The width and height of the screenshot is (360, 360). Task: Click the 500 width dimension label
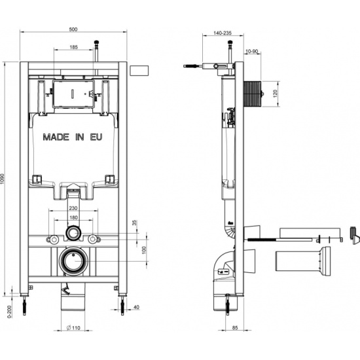pyautogui.click(x=73, y=29)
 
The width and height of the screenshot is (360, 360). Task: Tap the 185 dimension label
pyautogui.click(x=73, y=47)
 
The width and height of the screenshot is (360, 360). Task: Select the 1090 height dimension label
pyautogui.click(x=3, y=179)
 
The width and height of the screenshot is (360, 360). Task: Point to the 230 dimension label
pyautogui.click(x=73, y=208)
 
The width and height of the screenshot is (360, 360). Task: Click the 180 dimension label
pyautogui.click(x=73, y=217)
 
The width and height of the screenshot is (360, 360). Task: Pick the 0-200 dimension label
pyautogui.click(x=9, y=311)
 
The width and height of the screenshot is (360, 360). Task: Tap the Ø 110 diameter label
pyautogui.click(x=73, y=328)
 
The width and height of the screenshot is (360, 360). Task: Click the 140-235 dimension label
pyautogui.click(x=223, y=33)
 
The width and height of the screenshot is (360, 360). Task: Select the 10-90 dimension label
pyautogui.click(x=252, y=52)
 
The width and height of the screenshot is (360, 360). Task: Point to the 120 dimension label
pyautogui.click(x=276, y=94)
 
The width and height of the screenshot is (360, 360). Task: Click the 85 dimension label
pyautogui.click(x=235, y=328)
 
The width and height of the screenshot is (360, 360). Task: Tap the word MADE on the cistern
pyautogui.click(x=56, y=137)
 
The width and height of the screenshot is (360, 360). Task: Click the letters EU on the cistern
pyautogui.click(x=96, y=137)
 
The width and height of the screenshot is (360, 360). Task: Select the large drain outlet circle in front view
pyautogui.click(x=73, y=261)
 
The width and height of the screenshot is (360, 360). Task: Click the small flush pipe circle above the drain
pyautogui.click(x=73, y=234)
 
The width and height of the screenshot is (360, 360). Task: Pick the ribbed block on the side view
pyautogui.click(x=253, y=94)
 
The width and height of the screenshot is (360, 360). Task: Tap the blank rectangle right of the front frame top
pyautogui.click(x=139, y=71)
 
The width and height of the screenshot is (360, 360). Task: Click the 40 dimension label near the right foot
pyautogui.click(x=136, y=307)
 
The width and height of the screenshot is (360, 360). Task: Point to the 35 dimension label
pyautogui.click(x=135, y=223)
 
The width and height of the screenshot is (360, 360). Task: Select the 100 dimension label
pyautogui.click(x=144, y=250)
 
